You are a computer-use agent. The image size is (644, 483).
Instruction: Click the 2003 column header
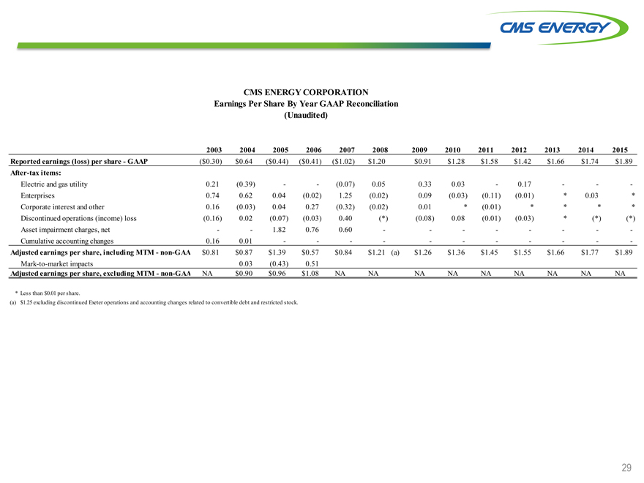[x=213, y=149]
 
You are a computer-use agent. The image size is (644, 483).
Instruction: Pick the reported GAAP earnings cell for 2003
[x=212, y=162]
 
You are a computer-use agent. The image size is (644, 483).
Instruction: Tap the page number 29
[x=626, y=467]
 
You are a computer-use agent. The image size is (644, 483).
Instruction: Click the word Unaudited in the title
[x=305, y=116]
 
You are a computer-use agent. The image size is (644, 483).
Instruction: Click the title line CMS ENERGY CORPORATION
[x=305, y=92]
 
